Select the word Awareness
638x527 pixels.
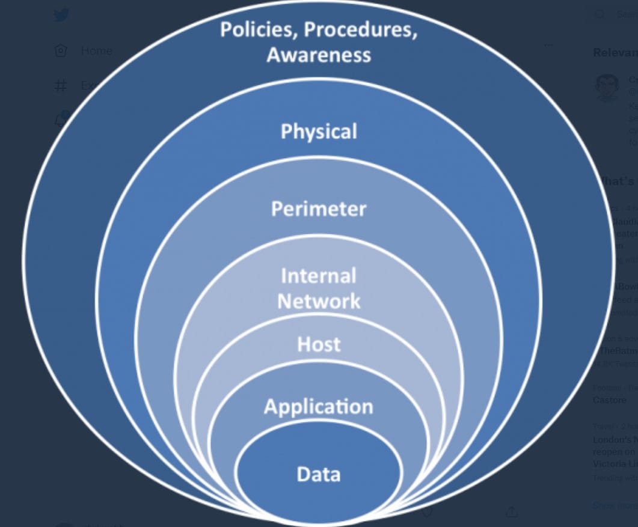tap(319, 55)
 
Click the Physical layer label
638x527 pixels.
tap(319, 132)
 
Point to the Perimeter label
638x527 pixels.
tap(319, 209)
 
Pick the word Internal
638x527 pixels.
tap(319, 276)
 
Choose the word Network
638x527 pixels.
tap(319, 301)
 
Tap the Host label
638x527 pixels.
tap(319, 344)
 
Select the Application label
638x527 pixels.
tap(319, 407)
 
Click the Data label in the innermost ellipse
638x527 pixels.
tap(319, 475)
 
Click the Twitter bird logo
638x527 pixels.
tap(61, 15)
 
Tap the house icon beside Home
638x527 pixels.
tap(61, 51)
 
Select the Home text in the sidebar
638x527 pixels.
tap(96, 51)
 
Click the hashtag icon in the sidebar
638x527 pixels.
tap(61, 86)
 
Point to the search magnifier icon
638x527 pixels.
tap(600, 14)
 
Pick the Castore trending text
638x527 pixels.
tap(610, 400)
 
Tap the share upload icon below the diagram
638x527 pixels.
tap(512, 511)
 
